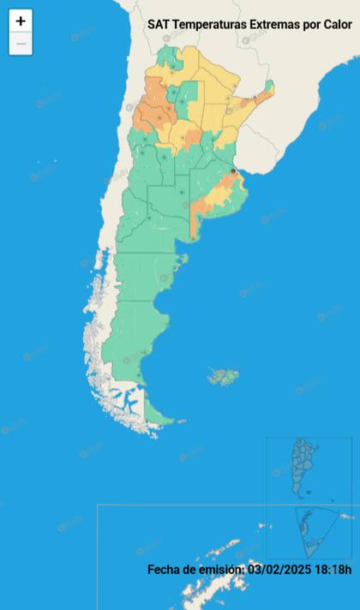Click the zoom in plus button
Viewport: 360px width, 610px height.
pos(21,21)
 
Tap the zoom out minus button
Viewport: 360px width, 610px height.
pos(21,43)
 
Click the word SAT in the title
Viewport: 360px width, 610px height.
pos(159,26)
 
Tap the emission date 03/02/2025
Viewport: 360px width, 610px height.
pos(277,569)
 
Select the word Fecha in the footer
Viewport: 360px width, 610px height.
pos(165,569)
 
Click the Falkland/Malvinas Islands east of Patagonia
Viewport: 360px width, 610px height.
pos(225,375)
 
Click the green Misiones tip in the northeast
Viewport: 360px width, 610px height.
pos(268,87)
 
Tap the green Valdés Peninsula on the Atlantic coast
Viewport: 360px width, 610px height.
pos(179,259)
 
